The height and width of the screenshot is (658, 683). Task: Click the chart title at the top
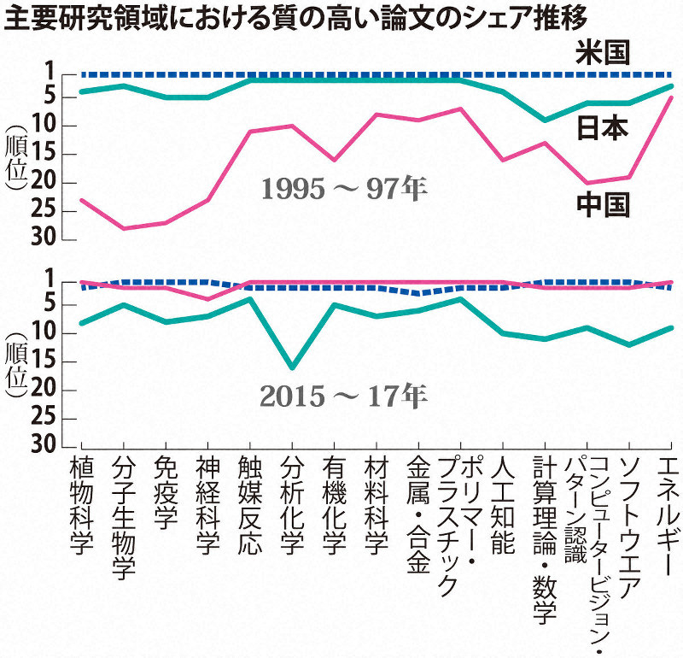(x=312, y=17)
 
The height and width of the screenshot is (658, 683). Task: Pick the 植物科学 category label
(x=81, y=505)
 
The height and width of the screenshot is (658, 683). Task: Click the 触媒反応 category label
(x=249, y=505)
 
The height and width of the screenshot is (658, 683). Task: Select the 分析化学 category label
(x=292, y=505)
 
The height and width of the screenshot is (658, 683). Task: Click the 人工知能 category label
(x=503, y=505)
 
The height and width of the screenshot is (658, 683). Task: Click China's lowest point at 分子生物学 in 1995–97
(x=123, y=228)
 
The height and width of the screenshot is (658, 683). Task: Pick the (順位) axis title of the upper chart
(x=15, y=162)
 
